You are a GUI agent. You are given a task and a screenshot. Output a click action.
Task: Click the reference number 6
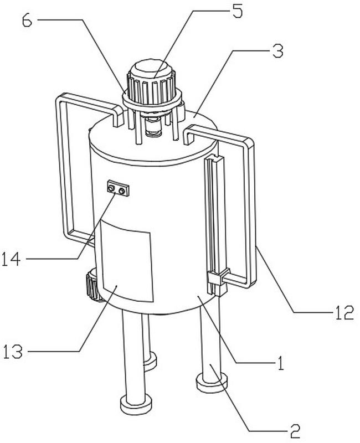point(27,20)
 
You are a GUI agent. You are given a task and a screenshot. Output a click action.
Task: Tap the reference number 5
point(238,12)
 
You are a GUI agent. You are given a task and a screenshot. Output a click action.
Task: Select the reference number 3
point(278,51)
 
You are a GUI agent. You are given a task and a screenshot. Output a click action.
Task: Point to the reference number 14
point(11,259)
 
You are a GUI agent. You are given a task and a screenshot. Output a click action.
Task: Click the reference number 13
point(12,352)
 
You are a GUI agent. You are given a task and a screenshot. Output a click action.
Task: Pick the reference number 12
point(344,313)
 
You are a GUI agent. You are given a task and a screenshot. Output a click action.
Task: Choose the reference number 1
point(280,363)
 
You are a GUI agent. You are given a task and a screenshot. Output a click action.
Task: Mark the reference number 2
point(295,431)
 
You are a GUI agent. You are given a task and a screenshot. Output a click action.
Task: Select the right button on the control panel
point(122,191)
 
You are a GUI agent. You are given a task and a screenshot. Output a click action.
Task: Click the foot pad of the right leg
point(212,382)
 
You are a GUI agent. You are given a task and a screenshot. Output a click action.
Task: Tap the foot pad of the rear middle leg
point(150,361)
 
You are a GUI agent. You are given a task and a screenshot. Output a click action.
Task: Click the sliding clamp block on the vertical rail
point(218,278)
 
